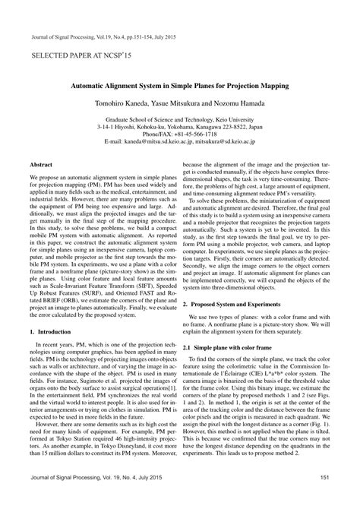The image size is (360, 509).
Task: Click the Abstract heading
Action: coord(40,163)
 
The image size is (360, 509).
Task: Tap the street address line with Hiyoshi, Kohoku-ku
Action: coord(180,126)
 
